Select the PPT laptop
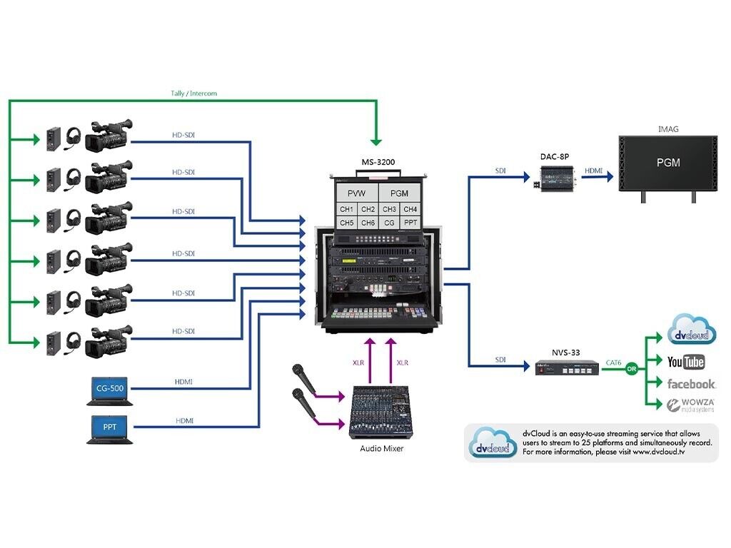(109, 428)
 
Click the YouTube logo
(685, 362)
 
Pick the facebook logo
(690, 384)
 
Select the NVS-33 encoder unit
(567, 368)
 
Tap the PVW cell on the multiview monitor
(356, 193)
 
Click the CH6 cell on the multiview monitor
(368, 223)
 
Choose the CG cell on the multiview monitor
(389, 223)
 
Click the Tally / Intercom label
(193, 93)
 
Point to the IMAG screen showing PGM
(668, 163)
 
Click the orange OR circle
(630, 369)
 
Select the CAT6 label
(612, 362)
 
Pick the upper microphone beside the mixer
(303, 380)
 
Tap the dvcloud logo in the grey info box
(490, 443)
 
